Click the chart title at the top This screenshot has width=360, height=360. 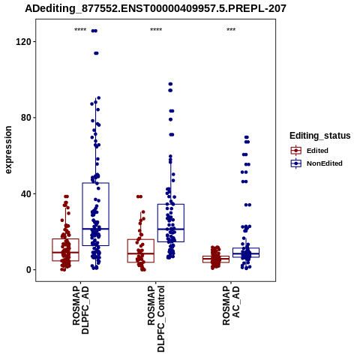(155, 9)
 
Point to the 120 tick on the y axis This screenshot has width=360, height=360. (23, 41)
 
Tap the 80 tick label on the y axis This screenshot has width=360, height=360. (26, 118)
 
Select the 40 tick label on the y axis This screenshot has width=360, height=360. (26, 193)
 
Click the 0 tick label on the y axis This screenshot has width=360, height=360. (28, 270)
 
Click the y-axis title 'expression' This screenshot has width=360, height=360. (8, 150)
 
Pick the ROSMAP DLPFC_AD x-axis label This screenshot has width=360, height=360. (80, 310)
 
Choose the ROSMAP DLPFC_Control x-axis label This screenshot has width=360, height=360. (156, 319)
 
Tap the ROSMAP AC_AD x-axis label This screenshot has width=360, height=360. (231, 305)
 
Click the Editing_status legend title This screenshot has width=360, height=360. (320, 136)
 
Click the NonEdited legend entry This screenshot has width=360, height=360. (316, 163)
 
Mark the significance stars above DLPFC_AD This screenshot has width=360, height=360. (80, 30)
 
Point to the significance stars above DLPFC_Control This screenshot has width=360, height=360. (156, 30)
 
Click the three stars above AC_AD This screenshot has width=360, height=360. (231, 30)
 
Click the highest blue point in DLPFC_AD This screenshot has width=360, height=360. (94, 31)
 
